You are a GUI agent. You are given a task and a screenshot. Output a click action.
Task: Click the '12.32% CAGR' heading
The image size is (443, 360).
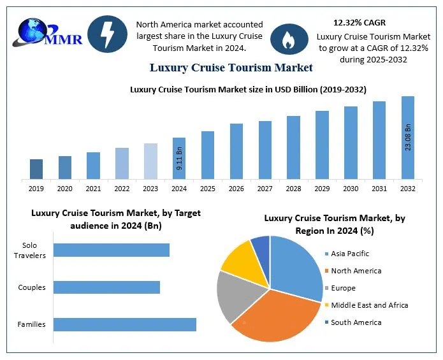(359, 23)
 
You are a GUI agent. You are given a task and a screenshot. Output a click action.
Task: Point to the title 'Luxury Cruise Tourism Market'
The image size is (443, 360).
(231, 67)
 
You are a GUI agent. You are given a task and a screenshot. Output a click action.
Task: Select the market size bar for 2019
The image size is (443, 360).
(36, 169)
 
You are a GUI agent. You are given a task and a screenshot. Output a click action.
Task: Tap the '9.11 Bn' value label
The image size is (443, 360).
(179, 159)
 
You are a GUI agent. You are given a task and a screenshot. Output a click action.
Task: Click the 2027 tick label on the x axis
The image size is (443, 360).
(265, 189)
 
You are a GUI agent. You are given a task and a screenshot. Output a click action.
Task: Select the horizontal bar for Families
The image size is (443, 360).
(124, 324)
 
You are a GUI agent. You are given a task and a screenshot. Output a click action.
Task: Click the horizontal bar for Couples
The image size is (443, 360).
(106, 287)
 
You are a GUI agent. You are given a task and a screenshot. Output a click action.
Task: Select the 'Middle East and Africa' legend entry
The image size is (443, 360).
(368, 305)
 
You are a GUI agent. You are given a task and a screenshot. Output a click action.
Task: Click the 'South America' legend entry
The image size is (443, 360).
(355, 322)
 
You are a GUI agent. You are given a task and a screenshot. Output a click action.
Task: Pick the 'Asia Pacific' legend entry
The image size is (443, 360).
(349, 254)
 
